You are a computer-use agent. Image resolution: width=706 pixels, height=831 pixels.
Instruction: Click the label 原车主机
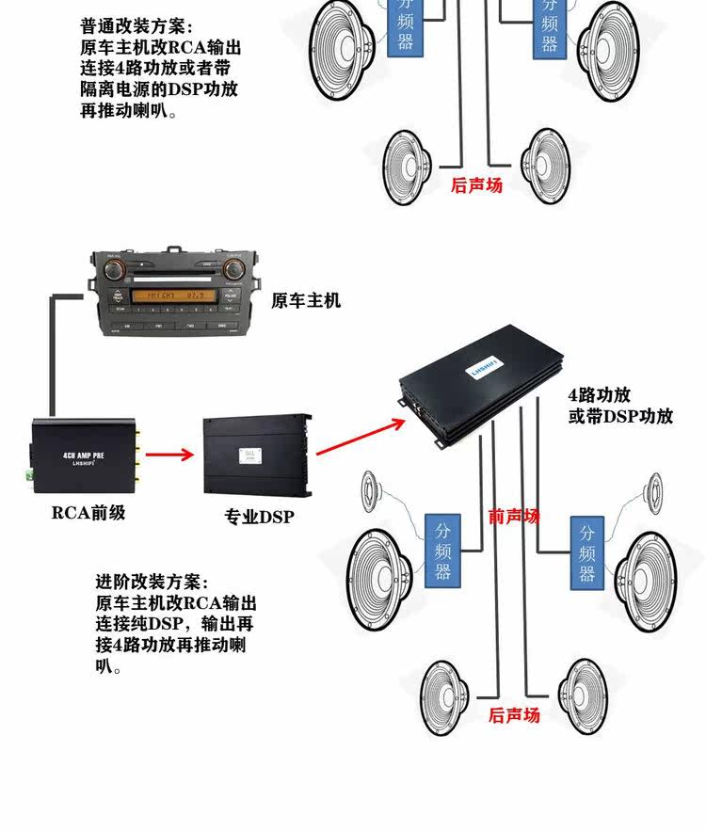click(x=306, y=301)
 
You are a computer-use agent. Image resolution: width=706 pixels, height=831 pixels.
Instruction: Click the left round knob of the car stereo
click(x=116, y=271)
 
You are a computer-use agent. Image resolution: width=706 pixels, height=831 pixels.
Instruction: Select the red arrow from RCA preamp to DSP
click(x=170, y=455)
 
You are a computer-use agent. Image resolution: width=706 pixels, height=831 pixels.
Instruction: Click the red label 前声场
click(x=514, y=516)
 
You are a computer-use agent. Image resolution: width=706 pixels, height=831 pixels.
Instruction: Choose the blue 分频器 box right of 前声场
click(x=586, y=551)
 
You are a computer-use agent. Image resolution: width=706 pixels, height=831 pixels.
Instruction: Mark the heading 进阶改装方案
click(x=152, y=582)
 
